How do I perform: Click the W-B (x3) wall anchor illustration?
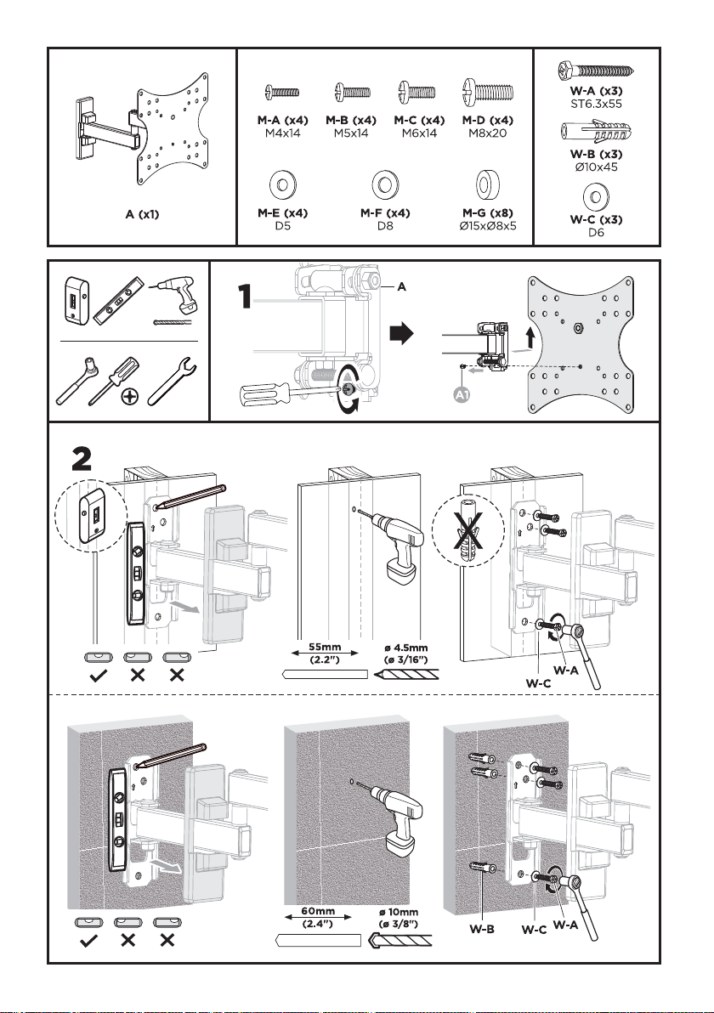[595, 133]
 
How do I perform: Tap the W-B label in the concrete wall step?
[481, 929]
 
